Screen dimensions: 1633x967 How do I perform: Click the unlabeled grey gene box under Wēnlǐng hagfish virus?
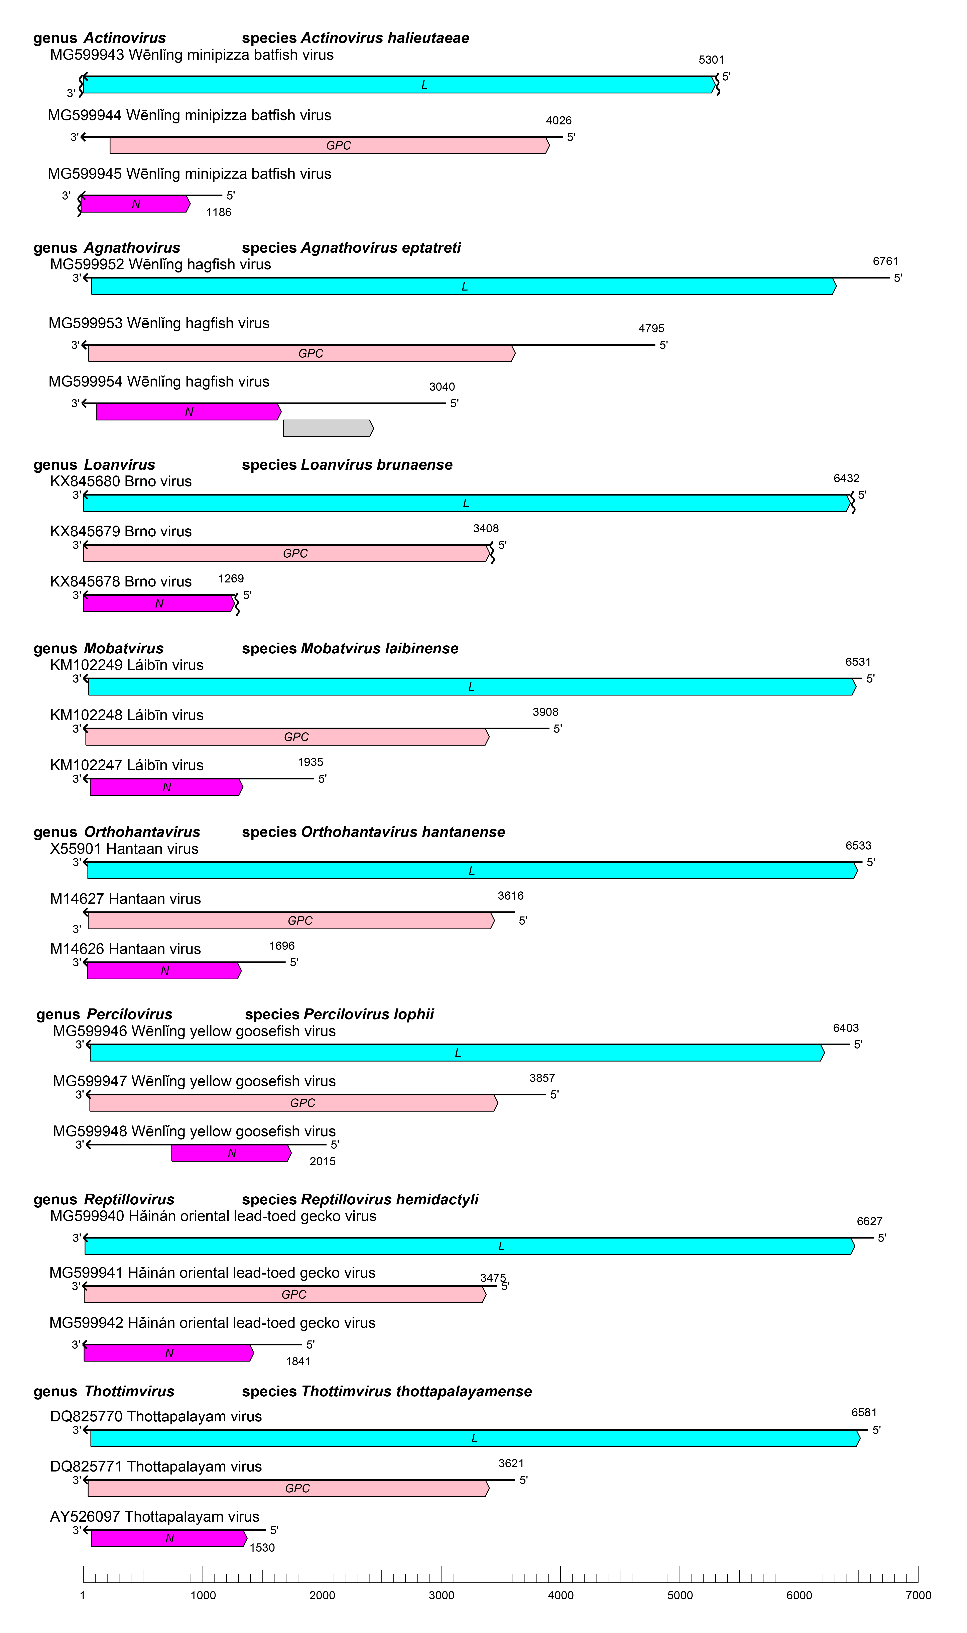coord(328,428)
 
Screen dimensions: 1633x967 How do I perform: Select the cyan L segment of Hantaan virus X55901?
coord(472,871)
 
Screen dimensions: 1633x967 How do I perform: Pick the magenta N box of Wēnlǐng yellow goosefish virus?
coord(231,1153)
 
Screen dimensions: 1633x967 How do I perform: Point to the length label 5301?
coord(711,60)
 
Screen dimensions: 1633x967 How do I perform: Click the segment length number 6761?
coord(885,261)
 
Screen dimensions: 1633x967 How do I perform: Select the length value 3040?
coord(442,387)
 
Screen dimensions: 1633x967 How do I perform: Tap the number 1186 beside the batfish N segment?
coord(218,212)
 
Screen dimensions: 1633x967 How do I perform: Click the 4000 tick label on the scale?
coord(560,1595)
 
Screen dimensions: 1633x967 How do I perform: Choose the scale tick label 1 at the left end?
coord(83,1595)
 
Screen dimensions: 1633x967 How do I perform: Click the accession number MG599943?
coord(87,55)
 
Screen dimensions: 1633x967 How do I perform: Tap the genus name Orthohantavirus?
coord(142,832)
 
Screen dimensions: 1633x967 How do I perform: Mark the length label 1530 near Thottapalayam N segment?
coord(262,1548)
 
